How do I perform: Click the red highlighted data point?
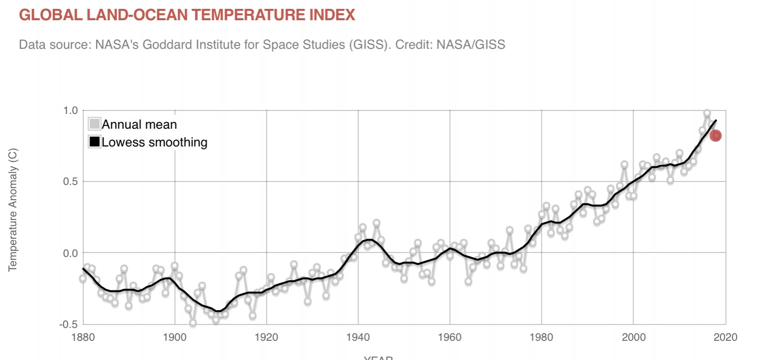pyautogui.click(x=716, y=136)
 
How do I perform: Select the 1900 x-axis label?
pyautogui.click(x=175, y=337)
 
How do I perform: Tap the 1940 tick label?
pyautogui.click(x=358, y=337)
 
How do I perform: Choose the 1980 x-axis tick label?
pyautogui.click(x=541, y=337)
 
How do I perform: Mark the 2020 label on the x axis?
pyautogui.click(x=725, y=337)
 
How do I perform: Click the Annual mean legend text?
pyautogui.click(x=139, y=124)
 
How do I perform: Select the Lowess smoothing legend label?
pyautogui.click(x=154, y=143)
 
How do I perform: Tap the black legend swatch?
pyautogui.click(x=94, y=143)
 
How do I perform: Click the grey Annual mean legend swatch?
pyautogui.click(x=94, y=124)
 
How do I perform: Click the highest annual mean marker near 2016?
pyautogui.click(x=707, y=113)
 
